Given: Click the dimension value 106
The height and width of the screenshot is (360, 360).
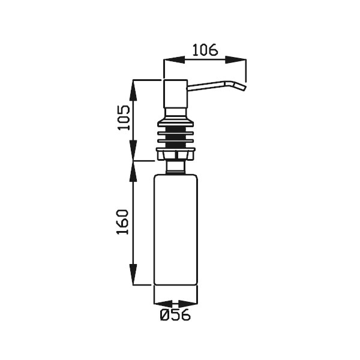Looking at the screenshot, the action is [x=205, y=50].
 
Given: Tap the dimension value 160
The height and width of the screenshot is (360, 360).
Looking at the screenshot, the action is [x=122, y=222].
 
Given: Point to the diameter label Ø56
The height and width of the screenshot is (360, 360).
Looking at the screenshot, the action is [x=175, y=314].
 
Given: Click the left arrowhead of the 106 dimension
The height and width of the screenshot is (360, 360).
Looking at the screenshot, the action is [x=174, y=59].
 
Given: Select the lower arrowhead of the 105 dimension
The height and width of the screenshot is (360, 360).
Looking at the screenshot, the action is [x=133, y=151].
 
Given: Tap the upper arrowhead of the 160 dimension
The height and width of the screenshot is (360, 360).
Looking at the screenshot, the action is [x=133, y=172].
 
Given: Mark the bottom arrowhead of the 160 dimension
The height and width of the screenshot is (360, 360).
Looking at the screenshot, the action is [x=133, y=274].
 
